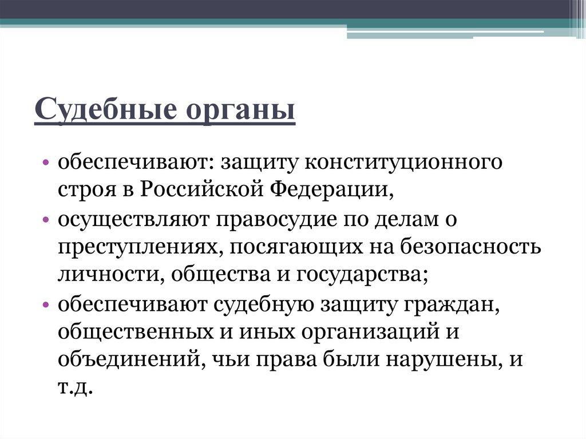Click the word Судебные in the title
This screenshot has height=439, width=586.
pyautogui.click(x=106, y=109)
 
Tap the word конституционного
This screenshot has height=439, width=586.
pyautogui.click(x=403, y=163)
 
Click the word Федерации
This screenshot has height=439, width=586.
pyautogui.click(x=331, y=191)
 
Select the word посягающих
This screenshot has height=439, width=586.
pyautogui.click(x=295, y=247)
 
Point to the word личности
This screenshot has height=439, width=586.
pyautogui.click(x=112, y=275)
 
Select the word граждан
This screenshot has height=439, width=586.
pyautogui.click(x=452, y=304)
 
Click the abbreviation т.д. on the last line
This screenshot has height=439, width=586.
pyautogui.click(x=75, y=387)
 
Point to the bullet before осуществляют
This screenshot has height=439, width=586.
pyautogui.click(x=46, y=220)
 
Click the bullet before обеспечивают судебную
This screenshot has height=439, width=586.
pyautogui.click(x=46, y=304)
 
